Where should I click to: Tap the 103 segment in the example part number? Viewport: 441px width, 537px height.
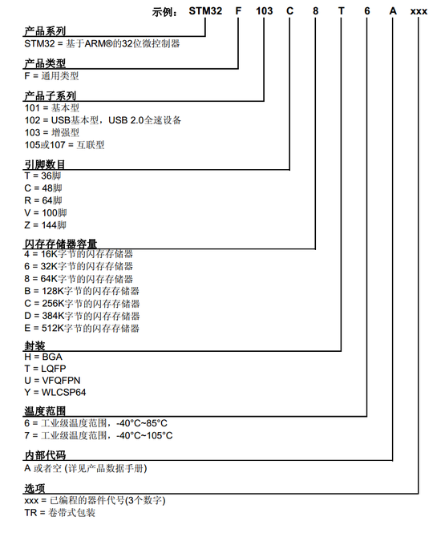[x=263, y=11]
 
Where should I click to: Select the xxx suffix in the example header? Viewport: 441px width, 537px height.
[x=419, y=11]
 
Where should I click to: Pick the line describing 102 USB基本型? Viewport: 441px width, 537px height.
[x=103, y=120]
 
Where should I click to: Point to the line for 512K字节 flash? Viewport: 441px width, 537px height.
[x=83, y=328]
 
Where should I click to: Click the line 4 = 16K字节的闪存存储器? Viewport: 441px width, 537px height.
[x=79, y=254]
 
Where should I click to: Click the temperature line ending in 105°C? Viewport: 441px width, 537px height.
[x=99, y=435]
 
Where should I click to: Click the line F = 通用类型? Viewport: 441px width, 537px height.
[x=52, y=76]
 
